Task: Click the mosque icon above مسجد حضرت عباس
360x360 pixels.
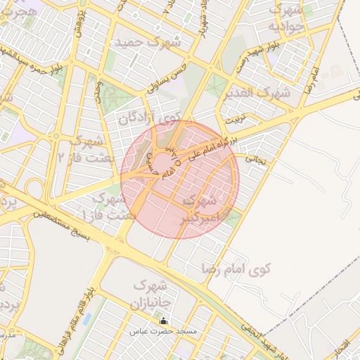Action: point(164,321)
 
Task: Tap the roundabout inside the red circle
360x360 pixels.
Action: point(161,165)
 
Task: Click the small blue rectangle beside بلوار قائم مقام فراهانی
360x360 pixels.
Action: point(86,319)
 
